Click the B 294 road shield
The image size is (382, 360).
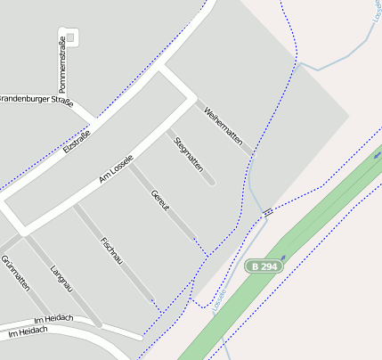(264, 266)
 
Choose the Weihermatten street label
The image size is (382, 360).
(223, 126)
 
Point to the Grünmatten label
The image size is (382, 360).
(15, 273)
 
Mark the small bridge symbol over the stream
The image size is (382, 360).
(266, 211)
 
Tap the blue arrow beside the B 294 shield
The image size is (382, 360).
(284, 258)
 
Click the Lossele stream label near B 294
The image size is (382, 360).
(220, 299)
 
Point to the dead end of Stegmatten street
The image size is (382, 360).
(211, 183)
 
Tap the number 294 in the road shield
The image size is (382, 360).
(270, 266)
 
